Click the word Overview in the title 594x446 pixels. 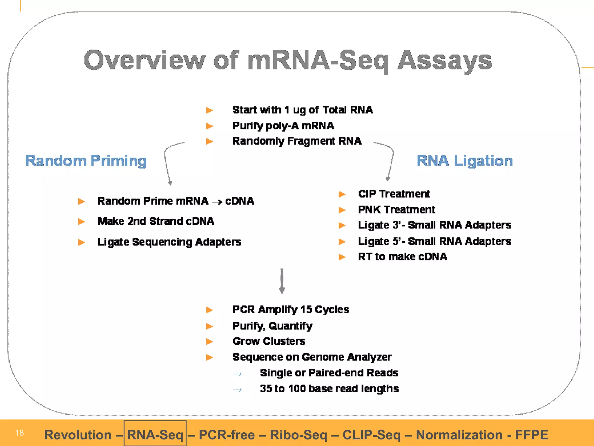pos(144,60)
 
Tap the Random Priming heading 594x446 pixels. pos(86,161)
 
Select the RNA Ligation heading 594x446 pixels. pos(465,161)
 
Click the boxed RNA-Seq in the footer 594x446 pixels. pos(155,435)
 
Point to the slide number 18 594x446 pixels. pos(19,433)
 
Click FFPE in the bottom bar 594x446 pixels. pos(531,435)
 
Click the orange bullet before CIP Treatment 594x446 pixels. pos(342,194)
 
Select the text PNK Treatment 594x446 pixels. pos(396,210)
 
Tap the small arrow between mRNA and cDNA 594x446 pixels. pos(217,202)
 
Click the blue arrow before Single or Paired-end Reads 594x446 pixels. pos(237,374)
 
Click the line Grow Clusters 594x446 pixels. pos(269,341)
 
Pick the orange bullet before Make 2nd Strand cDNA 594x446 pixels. pos(82,222)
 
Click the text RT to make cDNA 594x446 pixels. pos(402,257)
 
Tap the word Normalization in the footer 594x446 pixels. pos(459,435)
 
